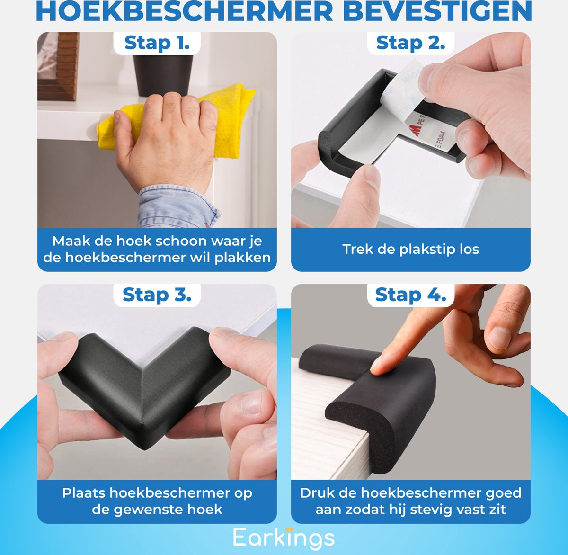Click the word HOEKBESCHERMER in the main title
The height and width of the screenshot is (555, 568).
(x=185, y=13)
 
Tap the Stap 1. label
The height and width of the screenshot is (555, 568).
(x=157, y=43)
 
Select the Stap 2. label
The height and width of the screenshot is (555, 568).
(x=410, y=43)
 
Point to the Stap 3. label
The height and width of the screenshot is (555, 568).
(x=157, y=295)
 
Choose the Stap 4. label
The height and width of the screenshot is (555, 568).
(x=410, y=295)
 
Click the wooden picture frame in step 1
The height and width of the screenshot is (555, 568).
(x=58, y=66)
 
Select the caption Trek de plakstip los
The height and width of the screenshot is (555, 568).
(x=410, y=249)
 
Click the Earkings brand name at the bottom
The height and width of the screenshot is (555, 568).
(x=284, y=538)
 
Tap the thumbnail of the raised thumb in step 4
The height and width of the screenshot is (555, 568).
(x=500, y=337)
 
